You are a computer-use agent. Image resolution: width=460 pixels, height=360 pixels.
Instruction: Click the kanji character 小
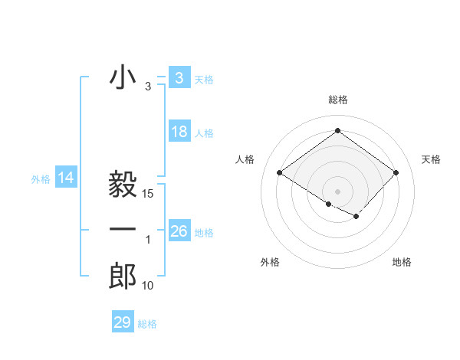point(123,78)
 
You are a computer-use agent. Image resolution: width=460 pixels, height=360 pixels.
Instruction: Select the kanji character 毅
point(123,184)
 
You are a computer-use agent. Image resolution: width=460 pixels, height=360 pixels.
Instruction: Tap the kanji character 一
point(123,230)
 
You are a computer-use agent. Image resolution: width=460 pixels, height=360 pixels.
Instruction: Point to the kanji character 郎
point(123,277)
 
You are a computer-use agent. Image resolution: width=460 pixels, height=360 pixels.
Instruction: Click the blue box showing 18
point(179,132)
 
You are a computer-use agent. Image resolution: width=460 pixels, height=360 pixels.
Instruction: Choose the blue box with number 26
point(179,231)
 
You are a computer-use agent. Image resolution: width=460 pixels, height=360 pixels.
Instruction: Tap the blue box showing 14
point(66,178)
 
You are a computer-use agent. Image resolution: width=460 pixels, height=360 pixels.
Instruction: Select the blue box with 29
point(123,322)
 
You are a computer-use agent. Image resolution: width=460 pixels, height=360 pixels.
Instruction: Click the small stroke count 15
point(149,195)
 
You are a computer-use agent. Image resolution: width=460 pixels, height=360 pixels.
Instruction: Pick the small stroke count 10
point(148,286)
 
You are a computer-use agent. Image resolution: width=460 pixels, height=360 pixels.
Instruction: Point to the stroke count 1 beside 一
point(148,241)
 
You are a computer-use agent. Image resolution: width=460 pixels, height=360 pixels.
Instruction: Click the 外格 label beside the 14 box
point(41,179)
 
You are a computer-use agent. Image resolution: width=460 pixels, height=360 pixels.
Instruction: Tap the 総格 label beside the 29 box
point(147,324)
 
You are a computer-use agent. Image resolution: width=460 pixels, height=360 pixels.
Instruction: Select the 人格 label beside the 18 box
point(204,133)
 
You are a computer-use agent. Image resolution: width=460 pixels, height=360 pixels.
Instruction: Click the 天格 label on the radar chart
point(432,159)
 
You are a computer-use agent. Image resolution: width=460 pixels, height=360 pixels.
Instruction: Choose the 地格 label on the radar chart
point(402,262)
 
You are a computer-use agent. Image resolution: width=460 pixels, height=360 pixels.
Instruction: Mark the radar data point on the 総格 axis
point(337,130)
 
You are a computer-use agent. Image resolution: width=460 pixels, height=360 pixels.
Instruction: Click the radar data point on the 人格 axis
point(280,173)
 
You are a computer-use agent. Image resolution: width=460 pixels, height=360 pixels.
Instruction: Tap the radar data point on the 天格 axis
point(396,173)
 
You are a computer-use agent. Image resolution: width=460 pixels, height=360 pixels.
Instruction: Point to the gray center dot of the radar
point(337,190)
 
